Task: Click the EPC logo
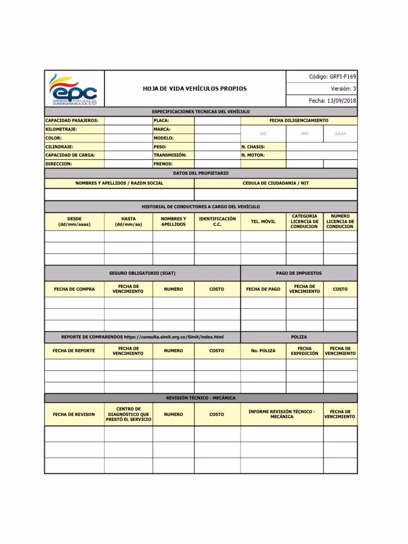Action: [x=74, y=89]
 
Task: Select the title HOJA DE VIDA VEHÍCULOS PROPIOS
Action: [x=194, y=89]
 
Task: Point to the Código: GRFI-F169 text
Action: [x=333, y=77]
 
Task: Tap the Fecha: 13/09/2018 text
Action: [x=333, y=100]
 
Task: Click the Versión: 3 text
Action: [x=343, y=89]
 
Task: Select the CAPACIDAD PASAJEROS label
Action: [x=72, y=121]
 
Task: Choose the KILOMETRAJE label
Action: [x=62, y=129]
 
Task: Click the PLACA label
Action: [x=161, y=121]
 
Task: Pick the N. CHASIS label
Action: [x=253, y=147]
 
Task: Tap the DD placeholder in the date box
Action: [x=263, y=134]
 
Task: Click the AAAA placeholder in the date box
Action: [x=340, y=134]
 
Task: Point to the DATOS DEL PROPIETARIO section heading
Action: [x=201, y=173]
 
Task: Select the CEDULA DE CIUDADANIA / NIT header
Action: [x=275, y=183]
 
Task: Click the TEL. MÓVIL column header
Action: [x=263, y=222]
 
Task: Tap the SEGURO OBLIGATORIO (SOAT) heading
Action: [x=142, y=273]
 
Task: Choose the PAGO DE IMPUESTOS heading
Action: [x=299, y=273]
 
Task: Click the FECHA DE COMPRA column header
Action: [x=74, y=289]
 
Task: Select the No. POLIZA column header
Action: [x=263, y=351]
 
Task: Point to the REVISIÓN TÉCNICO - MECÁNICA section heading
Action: [x=201, y=398]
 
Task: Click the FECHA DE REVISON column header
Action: [x=74, y=414]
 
